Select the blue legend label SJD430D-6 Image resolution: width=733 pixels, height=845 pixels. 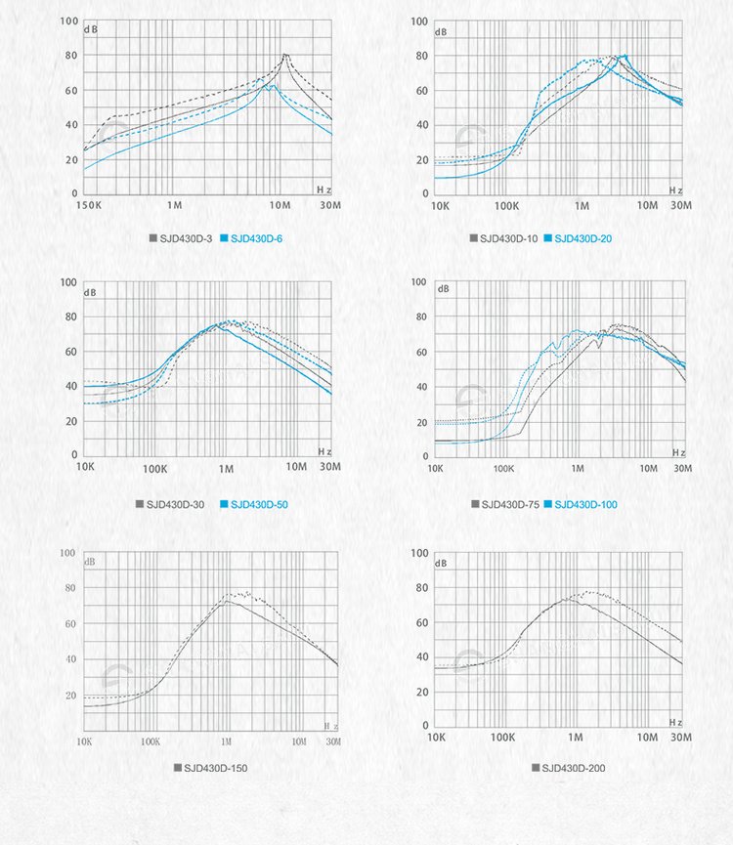(256, 238)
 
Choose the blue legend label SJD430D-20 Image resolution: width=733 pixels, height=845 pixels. (583, 238)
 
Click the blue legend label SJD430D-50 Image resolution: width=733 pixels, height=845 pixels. (259, 504)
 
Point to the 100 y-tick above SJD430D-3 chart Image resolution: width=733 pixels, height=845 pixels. (68, 21)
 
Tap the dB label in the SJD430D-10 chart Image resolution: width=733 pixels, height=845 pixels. (443, 31)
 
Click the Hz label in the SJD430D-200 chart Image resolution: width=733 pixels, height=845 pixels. (675, 721)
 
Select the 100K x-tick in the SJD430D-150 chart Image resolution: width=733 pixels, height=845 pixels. (150, 741)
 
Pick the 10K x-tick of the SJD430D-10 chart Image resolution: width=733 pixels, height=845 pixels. (440, 206)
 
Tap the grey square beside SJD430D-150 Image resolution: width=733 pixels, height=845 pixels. (177, 768)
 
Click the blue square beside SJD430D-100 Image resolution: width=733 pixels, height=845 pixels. (548, 504)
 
